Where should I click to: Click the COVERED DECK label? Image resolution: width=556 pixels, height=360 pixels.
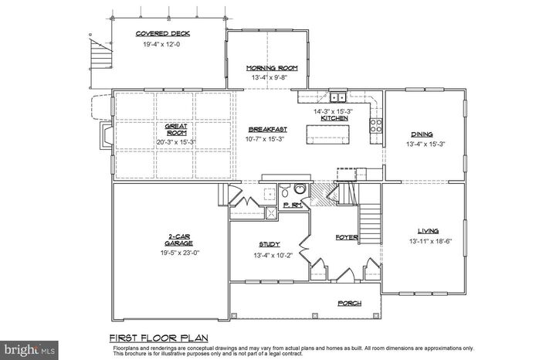point(163,33)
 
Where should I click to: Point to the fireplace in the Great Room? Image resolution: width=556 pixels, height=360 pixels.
point(105,137)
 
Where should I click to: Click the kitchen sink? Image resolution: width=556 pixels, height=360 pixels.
point(337,98)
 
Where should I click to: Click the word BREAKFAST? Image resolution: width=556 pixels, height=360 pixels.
point(268,128)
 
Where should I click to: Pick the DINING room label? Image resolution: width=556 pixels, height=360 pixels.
point(422,133)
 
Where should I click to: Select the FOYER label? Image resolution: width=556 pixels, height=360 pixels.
point(347,237)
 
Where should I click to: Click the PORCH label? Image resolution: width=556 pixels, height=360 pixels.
point(349,304)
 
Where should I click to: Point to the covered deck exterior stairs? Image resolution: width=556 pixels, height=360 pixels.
point(97,54)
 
